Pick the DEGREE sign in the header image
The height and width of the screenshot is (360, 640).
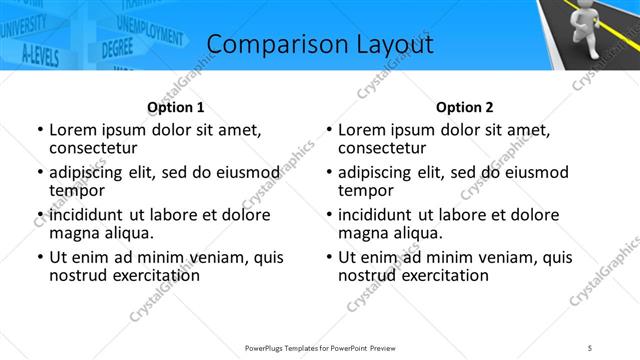(x=117, y=47)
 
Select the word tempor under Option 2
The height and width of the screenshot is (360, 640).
(x=366, y=190)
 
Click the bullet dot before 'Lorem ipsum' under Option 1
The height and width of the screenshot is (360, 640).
(x=40, y=130)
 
